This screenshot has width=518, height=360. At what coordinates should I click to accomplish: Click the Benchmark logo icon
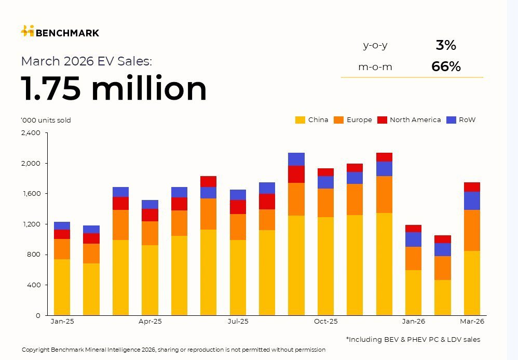[x=28, y=31]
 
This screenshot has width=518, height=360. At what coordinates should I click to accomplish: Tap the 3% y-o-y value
[x=445, y=45]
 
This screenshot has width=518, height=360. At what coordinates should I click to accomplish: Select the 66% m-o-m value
[x=445, y=66]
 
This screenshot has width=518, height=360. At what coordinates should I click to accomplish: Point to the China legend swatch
[x=300, y=120]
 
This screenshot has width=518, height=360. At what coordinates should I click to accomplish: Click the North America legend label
[x=415, y=120]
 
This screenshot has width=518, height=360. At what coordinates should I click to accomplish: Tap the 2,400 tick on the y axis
[x=31, y=133]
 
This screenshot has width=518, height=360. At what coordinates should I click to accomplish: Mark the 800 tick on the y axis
[x=34, y=255]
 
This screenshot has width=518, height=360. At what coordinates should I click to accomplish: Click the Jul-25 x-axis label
[x=238, y=322]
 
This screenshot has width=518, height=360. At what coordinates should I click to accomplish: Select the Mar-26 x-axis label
[x=472, y=322]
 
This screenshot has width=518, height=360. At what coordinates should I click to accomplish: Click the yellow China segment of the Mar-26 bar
[x=472, y=283]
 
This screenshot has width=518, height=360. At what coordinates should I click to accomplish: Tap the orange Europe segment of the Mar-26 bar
[x=472, y=230]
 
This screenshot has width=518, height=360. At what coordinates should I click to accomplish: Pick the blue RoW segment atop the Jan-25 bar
[x=62, y=225]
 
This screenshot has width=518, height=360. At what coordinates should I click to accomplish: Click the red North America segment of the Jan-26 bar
[x=414, y=229]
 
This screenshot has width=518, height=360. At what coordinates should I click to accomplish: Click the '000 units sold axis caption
[x=46, y=121]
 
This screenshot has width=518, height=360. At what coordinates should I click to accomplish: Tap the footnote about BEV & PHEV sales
[x=413, y=339]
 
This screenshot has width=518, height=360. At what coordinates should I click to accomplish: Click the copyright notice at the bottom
[x=173, y=350]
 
